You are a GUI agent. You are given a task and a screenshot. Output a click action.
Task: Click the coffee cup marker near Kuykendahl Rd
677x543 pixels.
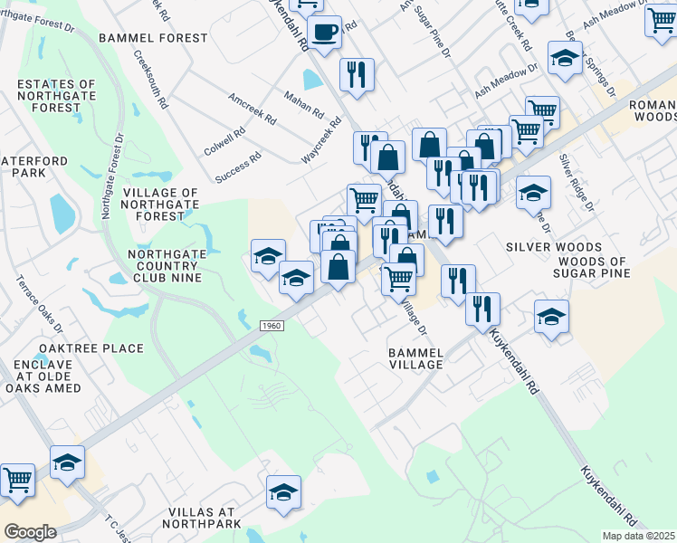pyautogui.click(x=323, y=33)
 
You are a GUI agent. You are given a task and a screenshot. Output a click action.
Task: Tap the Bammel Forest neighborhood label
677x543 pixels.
pyautogui.click(x=153, y=38)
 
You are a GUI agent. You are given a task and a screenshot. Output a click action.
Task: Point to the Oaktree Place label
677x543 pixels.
pyautogui.click(x=91, y=348)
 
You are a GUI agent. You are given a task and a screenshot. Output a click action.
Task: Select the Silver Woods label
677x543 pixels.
pyautogui.click(x=554, y=247)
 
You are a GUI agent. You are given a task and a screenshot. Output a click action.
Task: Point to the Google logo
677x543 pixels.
pyautogui.click(x=30, y=532)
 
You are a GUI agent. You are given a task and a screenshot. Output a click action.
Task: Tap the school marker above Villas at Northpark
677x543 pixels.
pyautogui.click(x=283, y=492)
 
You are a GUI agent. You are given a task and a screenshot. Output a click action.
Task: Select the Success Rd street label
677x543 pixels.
pyautogui.click(x=239, y=167)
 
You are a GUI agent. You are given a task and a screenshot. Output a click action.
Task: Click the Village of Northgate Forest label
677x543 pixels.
pyautogui.click(x=160, y=205)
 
